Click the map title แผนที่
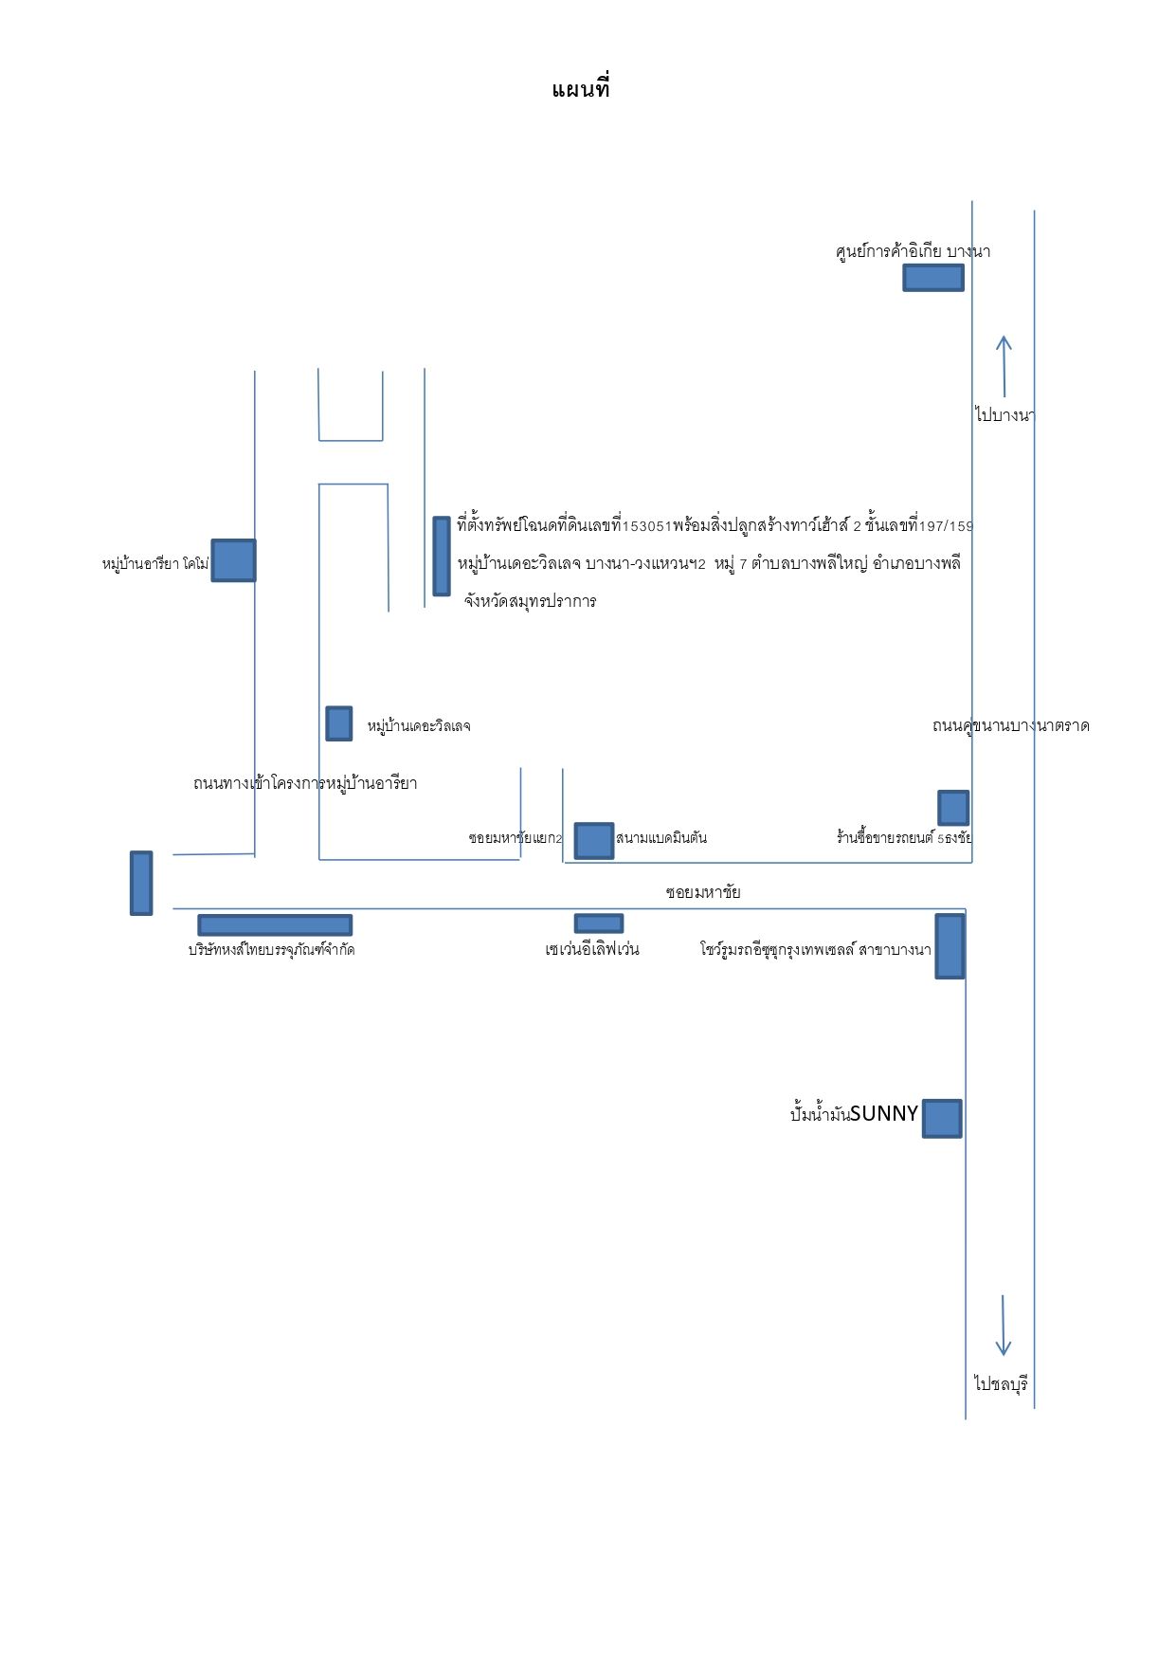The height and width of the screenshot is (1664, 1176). click(580, 89)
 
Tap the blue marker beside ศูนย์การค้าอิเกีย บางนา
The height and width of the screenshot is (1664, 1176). click(933, 278)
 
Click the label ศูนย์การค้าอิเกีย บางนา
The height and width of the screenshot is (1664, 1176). click(913, 250)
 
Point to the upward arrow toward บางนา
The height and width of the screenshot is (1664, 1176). click(1004, 366)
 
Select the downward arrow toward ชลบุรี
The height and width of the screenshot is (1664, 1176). click(1004, 1326)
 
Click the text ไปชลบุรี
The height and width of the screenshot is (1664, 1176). click(1001, 1383)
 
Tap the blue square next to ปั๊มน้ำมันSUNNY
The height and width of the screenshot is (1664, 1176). click(942, 1119)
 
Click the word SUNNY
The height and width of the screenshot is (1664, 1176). click(884, 1113)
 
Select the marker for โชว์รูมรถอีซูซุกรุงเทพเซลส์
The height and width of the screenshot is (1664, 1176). click(950, 945)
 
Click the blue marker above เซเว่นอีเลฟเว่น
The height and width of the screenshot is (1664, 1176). click(599, 923)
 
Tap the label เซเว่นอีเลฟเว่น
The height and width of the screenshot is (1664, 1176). click(592, 949)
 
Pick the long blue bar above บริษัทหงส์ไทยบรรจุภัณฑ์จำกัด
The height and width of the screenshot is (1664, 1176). click(275, 925)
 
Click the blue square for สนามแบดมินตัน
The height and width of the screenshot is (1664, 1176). click(594, 841)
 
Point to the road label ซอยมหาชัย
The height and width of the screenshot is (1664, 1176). click(703, 892)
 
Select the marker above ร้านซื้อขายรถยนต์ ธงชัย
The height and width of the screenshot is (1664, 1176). click(953, 808)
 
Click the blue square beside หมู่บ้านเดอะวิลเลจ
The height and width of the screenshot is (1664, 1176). click(339, 723)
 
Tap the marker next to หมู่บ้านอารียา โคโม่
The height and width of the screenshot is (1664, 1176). click(233, 560)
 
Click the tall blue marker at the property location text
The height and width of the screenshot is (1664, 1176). click(442, 557)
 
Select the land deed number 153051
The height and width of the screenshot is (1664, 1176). click(646, 526)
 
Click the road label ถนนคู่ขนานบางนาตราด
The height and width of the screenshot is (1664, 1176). click(1011, 725)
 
